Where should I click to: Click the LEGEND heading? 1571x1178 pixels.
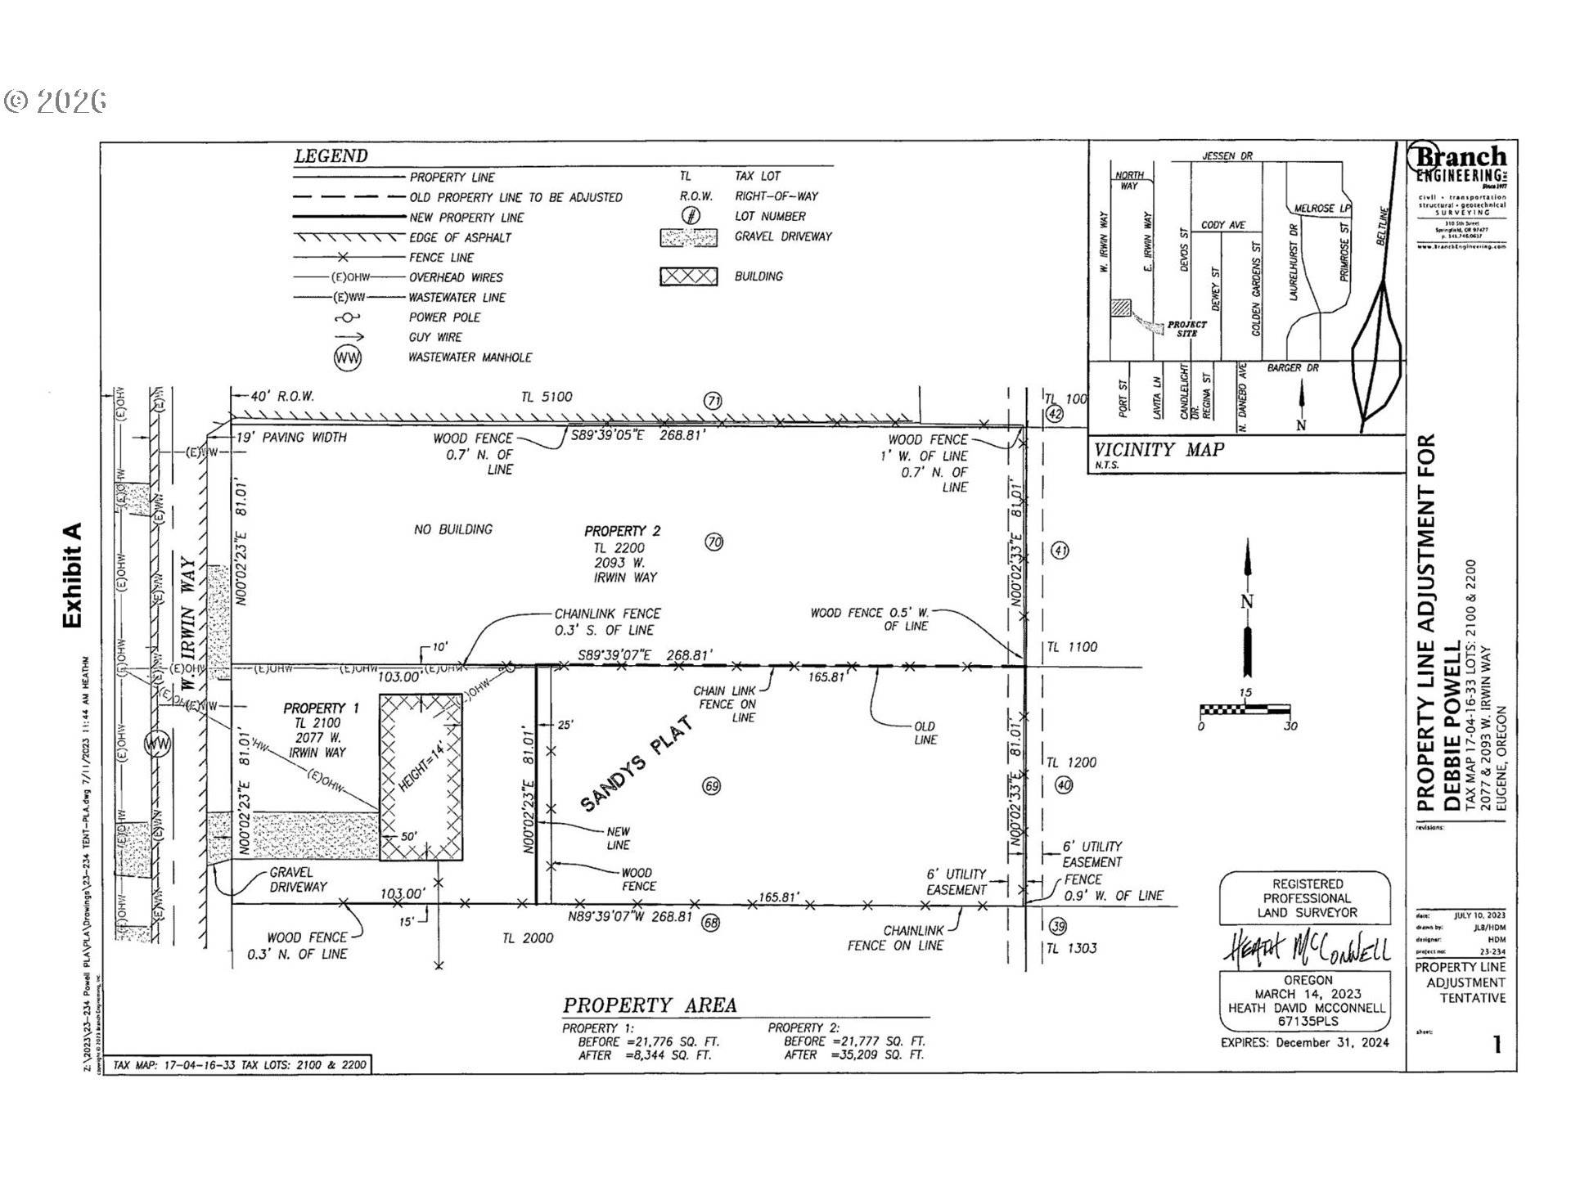331,156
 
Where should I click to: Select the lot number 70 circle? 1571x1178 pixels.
714,542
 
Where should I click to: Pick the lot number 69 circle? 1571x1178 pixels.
711,786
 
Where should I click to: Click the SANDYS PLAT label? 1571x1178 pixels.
637,765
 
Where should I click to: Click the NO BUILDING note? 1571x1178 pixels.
453,529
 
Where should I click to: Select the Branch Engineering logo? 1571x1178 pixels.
1461,164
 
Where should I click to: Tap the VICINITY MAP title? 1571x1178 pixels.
1159,449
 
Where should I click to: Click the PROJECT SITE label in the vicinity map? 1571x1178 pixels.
1186,329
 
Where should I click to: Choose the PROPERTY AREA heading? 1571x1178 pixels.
650,1005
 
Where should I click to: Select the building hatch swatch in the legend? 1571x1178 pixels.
688,277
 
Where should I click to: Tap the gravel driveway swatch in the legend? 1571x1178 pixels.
688,237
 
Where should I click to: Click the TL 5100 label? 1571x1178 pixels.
547,397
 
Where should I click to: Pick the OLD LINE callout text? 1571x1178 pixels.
925,733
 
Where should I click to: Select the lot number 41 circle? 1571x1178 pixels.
1060,551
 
